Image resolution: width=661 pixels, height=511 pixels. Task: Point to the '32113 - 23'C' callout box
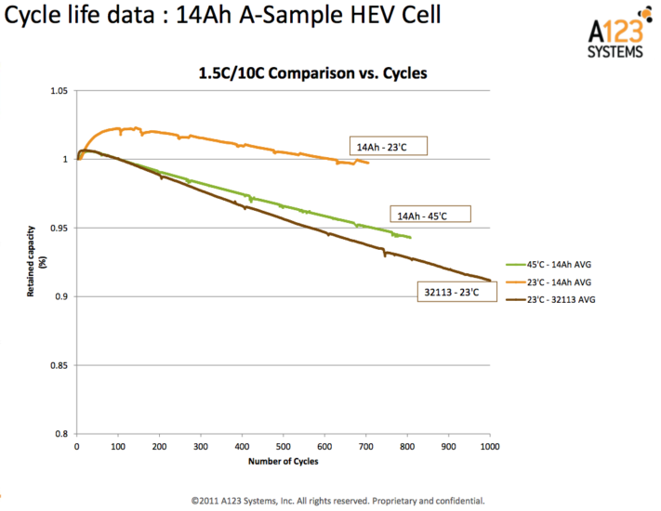[451, 291]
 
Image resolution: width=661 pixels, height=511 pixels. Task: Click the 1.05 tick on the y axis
[59, 91]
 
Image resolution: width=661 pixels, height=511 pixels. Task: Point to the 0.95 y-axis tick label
[59, 229]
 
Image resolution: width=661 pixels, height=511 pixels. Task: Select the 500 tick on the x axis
[284, 446]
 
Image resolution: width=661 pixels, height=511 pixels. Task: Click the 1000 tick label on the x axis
[489, 446]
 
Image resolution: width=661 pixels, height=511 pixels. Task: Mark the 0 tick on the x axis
[77, 446]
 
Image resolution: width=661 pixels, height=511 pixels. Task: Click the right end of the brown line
[490, 280]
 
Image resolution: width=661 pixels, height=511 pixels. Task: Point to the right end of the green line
[410, 238]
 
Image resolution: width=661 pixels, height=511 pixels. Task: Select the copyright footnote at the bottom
[338, 498]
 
